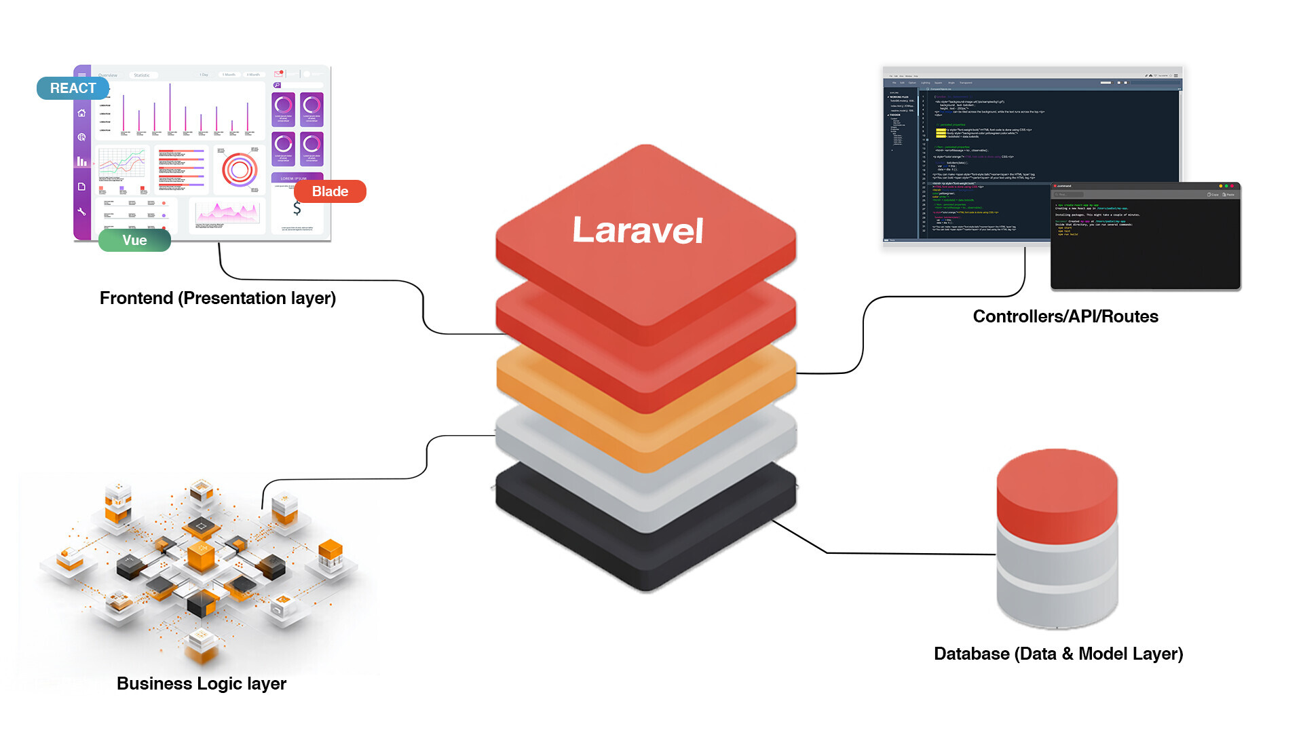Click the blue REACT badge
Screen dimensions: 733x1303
(73, 88)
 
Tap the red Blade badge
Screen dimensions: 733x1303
(330, 191)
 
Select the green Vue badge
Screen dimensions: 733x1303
(134, 240)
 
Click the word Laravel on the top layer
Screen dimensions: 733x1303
(637, 231)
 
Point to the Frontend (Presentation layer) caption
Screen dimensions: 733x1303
(217, 298)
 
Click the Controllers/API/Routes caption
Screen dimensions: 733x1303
(1065, 316)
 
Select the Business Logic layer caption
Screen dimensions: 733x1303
(201, 683)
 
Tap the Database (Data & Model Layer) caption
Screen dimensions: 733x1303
(1058, 654)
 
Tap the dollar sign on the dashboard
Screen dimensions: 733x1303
(297, 208)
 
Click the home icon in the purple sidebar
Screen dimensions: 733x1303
(81, 113)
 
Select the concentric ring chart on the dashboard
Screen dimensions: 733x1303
(240, 170)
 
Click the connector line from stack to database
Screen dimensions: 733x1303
(882, 553)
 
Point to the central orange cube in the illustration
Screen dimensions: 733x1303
(201, 557)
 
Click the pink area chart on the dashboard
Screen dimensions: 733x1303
(227, 214)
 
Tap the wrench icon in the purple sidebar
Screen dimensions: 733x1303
(81, 212)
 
